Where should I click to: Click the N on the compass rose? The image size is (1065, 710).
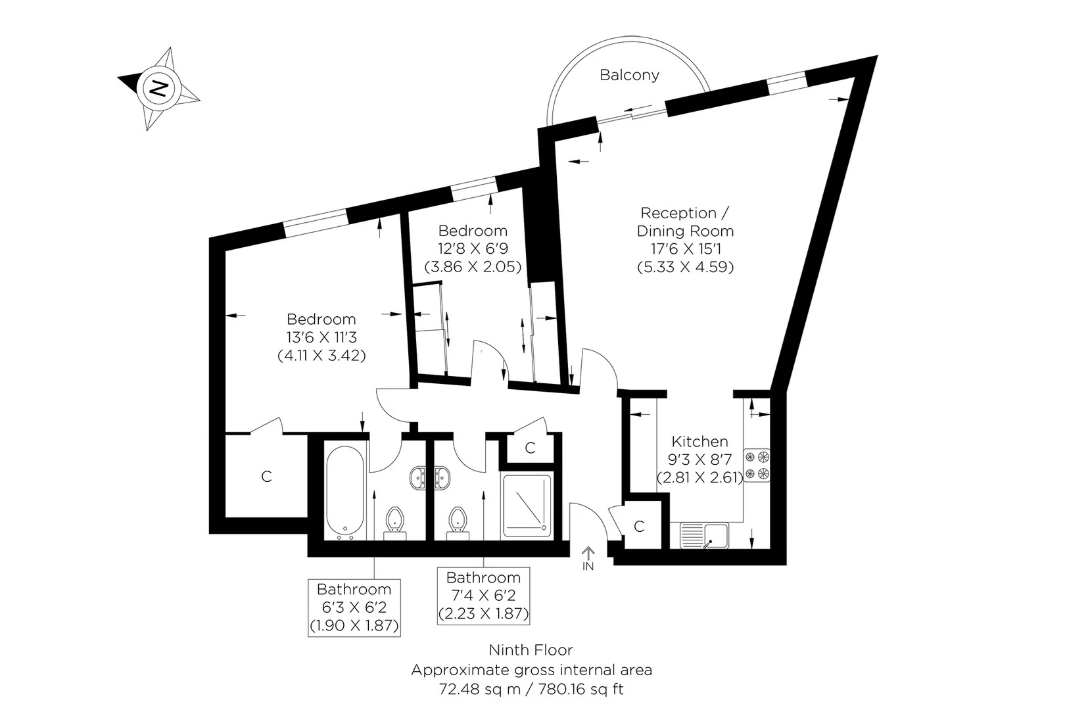[x=158, y=87]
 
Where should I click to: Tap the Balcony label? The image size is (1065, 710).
[x=629, y=75]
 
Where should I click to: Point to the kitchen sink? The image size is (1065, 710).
[x=703, y=535]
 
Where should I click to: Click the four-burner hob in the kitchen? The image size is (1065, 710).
[x=757, y=465]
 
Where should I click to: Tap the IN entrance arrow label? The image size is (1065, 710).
[x=588, y=565]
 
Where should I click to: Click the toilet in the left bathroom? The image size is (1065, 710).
[x=394, y=519]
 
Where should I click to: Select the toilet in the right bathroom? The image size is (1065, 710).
[x=457, y=519]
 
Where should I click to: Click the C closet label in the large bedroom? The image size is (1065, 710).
[x=266, y=476]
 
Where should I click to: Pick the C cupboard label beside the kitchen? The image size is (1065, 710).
[x=639, y=527]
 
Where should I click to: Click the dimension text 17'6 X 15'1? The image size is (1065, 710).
[x=685, y=249]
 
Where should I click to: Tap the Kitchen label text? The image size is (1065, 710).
[x=699, y=442]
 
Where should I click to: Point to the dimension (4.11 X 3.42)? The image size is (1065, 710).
[x=321, y=356]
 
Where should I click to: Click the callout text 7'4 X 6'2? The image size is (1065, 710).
[x=483, y=596]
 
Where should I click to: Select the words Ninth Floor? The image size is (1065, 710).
[x=531, y=650]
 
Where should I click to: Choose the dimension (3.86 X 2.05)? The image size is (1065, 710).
[x=473, y=267]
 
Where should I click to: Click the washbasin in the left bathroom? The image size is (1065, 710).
[x=418, y=477]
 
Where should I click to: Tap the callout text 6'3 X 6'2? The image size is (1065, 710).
[x=354, y=607]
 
